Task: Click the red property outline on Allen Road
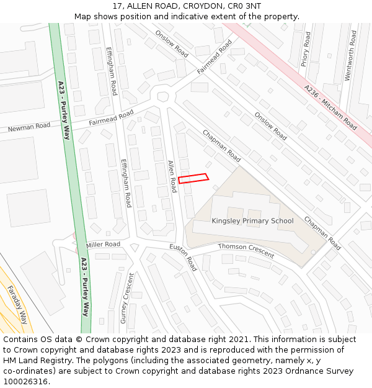coord(193,178)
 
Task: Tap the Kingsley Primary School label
coord(252,221)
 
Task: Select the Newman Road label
coord(29,127)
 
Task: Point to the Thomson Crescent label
coord(246,250)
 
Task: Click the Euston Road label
coord(184,257)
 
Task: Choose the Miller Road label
coord(104,245)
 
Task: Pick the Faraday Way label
coord(17,304)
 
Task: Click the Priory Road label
coord(305,49)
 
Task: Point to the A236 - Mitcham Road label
coord(330,107)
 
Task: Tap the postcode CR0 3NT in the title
coord(245,6)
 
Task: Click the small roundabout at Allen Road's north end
coord(163,97)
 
